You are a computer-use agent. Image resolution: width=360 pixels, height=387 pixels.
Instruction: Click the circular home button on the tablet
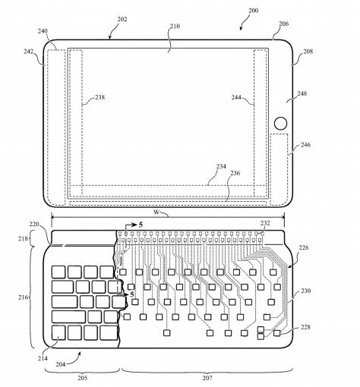(x=280, y=123)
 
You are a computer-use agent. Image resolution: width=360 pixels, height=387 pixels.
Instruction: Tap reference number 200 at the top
(x=253, y=11)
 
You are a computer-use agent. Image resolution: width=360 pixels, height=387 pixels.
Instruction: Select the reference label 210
(x=175, y=26)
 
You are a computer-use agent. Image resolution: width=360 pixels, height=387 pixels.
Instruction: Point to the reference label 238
(x=99, y=97)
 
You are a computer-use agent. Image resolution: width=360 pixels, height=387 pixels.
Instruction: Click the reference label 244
(x=236, y=97)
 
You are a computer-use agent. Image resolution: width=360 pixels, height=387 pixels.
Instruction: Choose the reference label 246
(x=305, y=145)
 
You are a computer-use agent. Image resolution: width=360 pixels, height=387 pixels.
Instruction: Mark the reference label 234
(x=221, y=166)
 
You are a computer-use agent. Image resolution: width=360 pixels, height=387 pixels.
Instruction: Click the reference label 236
(x=235, y=173)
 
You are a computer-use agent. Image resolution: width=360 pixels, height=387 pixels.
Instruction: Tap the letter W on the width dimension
(x=156, y=212)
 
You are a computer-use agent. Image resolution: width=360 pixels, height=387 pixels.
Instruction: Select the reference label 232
(x=265, y=223)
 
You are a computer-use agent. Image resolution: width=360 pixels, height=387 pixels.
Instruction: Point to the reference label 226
(x=304, y=247)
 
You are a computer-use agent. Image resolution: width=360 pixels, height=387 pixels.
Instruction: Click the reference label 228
(x=305, y=327)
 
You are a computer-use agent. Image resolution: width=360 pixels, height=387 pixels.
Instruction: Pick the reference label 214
(x=43, y=358)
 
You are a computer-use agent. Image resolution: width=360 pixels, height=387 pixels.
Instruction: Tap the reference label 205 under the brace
(x=83, y=378)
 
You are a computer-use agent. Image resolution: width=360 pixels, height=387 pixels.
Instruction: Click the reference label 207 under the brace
(x=207, y=378)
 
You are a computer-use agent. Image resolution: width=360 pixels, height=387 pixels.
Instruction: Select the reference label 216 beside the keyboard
(x=23, y=297)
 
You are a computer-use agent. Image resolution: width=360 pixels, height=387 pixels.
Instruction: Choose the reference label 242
(x=29, y=52)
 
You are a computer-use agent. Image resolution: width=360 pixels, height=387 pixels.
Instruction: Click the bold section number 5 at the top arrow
(x=141, y=225)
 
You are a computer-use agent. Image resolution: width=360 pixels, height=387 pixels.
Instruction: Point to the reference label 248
(x=302, y=93)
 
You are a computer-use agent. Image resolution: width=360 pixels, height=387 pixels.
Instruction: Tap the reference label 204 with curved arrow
(x=61, y=364)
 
